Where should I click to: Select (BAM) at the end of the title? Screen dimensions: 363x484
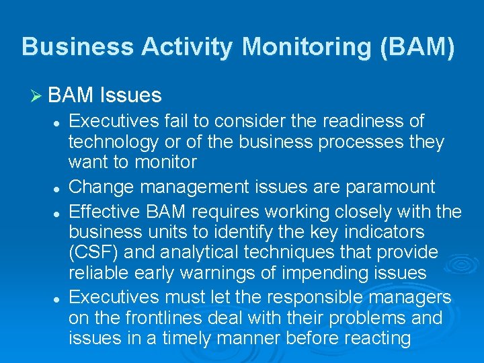point(421,47)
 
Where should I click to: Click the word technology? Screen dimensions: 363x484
point(112,143)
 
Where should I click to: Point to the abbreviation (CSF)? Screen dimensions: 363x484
point(92,252)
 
